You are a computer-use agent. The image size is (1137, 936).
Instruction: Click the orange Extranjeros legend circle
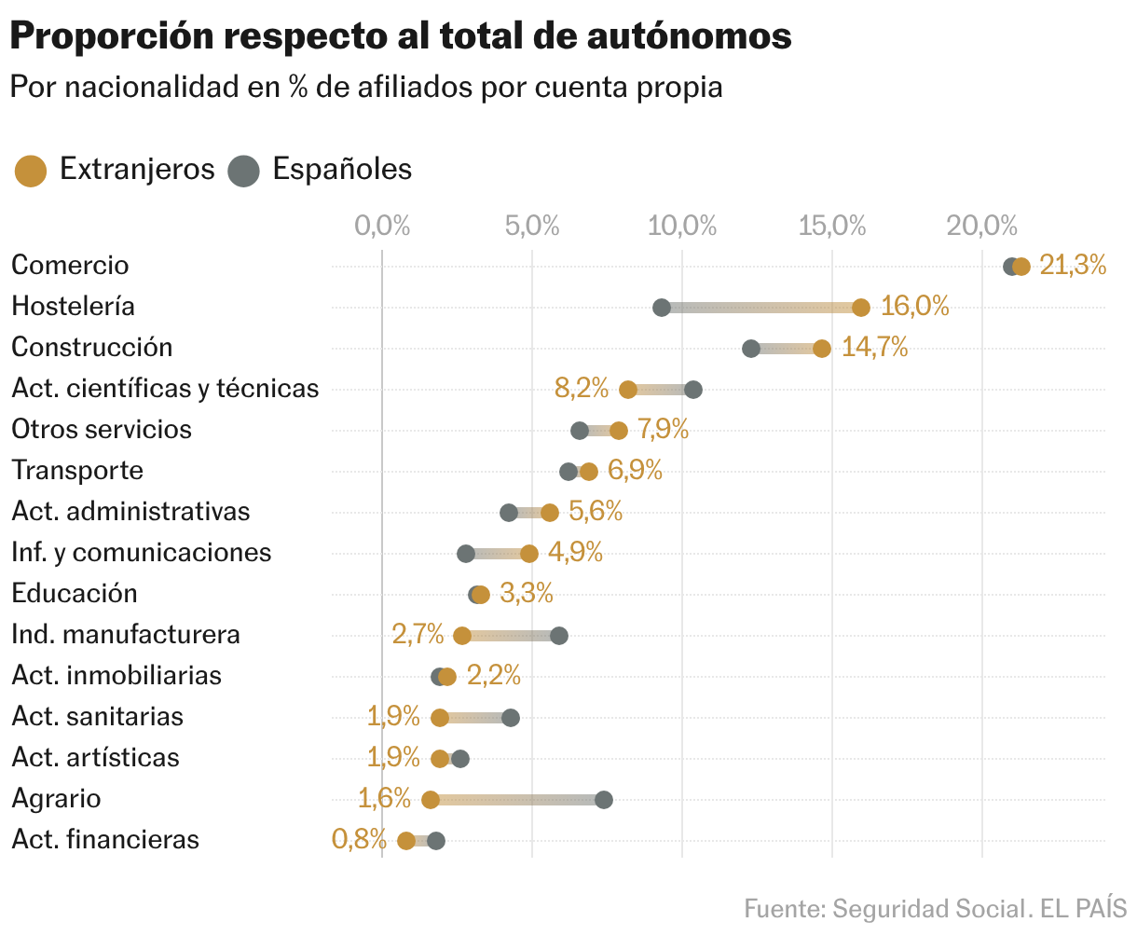coord(32,171)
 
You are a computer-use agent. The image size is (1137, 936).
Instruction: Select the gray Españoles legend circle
coord(244,171)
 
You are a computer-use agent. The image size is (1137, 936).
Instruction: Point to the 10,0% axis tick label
coord(683,226)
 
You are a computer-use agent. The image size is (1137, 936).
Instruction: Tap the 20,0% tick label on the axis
coord(982,226)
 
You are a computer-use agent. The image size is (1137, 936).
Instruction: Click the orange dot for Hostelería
coord(861,308)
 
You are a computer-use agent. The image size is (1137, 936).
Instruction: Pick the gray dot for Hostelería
coord(662,308)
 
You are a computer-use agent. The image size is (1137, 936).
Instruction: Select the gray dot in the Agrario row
coord(604,800)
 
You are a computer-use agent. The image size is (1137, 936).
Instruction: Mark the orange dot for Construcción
coord(822,349)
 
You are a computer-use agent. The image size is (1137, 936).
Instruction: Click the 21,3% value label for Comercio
coord(1073,266)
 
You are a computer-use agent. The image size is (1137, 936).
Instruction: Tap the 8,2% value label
coord(582,389)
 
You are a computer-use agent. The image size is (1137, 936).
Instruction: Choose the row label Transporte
coord(77,471)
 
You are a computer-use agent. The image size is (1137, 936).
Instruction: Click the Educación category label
coord(75,594)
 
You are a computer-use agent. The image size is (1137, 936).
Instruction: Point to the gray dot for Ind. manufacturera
coord(559,636)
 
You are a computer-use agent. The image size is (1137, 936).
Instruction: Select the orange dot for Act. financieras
coord(406,841)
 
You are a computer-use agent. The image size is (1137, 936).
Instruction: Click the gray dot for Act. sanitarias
coord(511,718)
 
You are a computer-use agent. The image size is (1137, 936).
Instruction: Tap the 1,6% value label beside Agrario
coord(384,799)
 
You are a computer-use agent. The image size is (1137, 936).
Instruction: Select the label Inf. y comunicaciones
coord(142,553)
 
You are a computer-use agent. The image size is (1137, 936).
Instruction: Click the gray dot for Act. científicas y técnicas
coord(693,390)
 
